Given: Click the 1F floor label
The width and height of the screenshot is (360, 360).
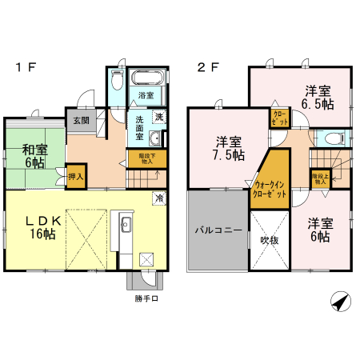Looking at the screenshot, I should pos(23,67).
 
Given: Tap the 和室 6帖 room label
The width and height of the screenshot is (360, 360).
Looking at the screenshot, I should pos(34,155).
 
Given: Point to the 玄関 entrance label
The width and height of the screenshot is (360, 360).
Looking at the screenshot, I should pos(82,121).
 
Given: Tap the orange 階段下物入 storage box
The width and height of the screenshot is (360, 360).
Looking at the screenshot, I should pos(146,158).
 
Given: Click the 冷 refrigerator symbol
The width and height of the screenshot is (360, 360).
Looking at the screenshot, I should pos(159,198).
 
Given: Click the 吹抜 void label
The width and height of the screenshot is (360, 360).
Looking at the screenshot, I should pos(268,238).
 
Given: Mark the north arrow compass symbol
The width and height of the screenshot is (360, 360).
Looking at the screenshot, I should pos(340,302).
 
